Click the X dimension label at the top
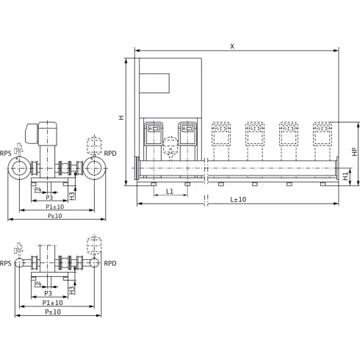(232, 46)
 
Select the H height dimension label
(122, 118)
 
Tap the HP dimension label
(353, 151)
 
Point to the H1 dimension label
(346, 176)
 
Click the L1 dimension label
(170, 191)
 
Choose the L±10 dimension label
(237, 199)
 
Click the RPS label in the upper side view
(6, 153)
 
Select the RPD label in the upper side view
(109, 153)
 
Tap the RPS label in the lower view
(6, 263)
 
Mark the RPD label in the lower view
(109, 263)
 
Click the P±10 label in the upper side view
(54, 216)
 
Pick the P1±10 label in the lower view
(52, 302)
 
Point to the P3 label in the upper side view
(49, 197)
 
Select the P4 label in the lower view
(37, 284)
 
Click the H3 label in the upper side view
(72, 195)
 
